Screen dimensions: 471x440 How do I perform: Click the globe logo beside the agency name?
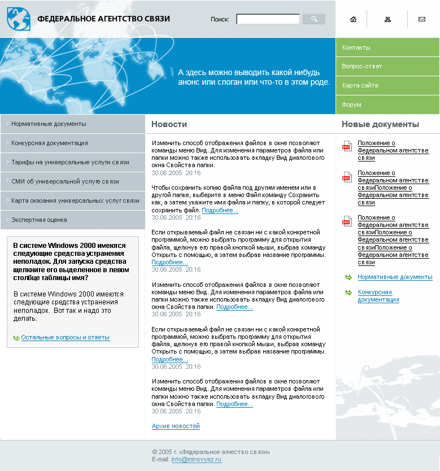pyautogui.click(x=18, y=19)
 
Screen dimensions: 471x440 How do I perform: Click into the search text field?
pyautogui.click(x=268, y=19)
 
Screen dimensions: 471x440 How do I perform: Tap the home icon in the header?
pyautogui.click(x=354, y=19)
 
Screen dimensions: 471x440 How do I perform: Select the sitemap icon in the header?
pyautogui.click(x=387, y=19)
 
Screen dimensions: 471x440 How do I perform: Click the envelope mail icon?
pyautogui.click(x=421, y=19)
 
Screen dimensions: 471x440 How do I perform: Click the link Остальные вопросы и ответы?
pyautogui.click(x=66, y=338)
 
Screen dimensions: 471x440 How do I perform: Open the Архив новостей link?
pyautogui.click(x=176, y=426)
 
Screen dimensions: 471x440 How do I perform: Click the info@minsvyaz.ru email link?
pyautogui.click(x=197, y=460)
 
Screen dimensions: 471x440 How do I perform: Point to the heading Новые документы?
pyautogui.click(x=380, y=124)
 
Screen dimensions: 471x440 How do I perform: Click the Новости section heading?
pyautogui.click(x=169, y=124)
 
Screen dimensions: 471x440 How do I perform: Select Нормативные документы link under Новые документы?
pyautogui.click(x=395, y=277)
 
